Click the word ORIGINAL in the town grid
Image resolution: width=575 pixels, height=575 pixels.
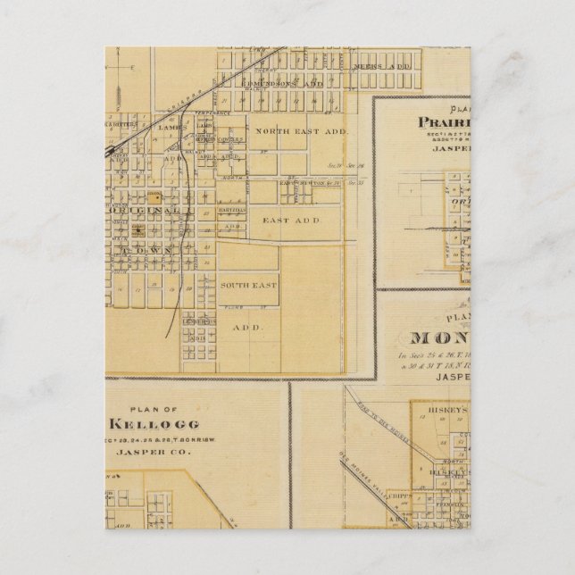[150, 211]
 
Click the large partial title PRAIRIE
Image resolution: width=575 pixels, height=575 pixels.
[451, 122]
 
